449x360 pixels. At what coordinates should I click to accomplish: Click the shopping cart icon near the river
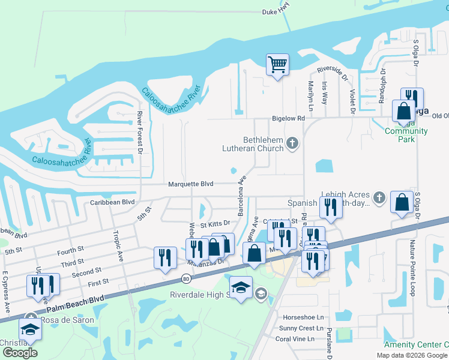point(277,64)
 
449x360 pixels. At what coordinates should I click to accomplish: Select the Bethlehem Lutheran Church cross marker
point(292,143)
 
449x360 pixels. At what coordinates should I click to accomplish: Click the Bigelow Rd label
point(288,119)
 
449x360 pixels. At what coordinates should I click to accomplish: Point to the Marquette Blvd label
point(191,184)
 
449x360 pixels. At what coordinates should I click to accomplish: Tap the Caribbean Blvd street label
point(112,203)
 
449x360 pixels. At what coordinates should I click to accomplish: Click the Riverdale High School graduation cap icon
point(241,287)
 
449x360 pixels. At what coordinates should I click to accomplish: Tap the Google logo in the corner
point(20,352)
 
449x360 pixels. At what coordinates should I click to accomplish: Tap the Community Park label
point(406,135)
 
